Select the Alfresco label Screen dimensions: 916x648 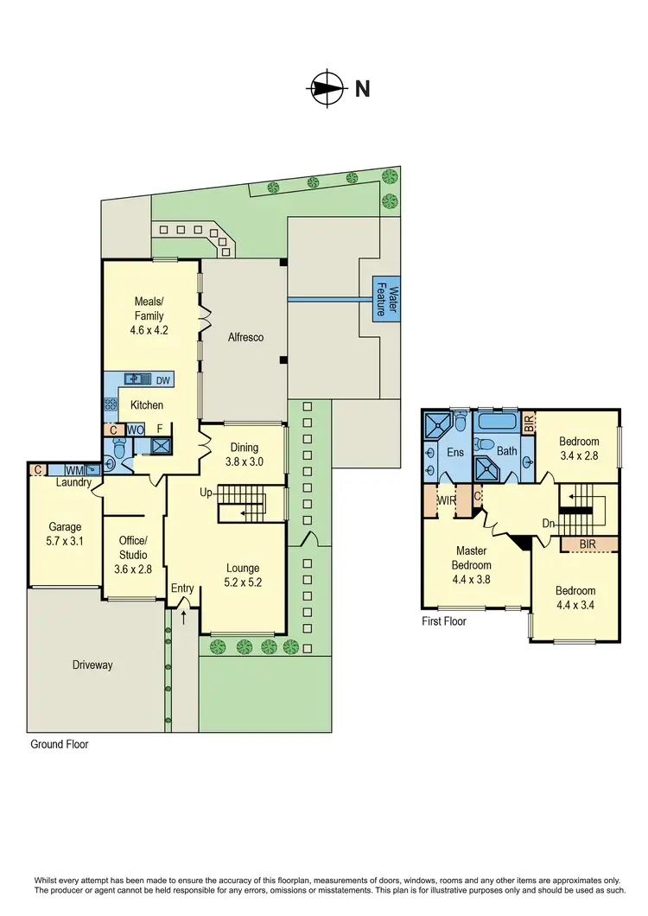(245, 338)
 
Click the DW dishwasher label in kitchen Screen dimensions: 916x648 (162, 379)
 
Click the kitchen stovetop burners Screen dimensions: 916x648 (111, 404)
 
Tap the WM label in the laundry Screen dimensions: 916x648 (75, 470)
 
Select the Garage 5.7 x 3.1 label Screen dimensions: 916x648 (65, 533)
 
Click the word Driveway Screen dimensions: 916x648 (92, 665)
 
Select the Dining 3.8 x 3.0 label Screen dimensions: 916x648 (244, 455)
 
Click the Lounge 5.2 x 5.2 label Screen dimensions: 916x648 (243, 575)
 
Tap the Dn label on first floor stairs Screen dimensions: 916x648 (547, 523)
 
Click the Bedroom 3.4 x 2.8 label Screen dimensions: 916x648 (579, 448)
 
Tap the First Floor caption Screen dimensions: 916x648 (444, 620)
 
